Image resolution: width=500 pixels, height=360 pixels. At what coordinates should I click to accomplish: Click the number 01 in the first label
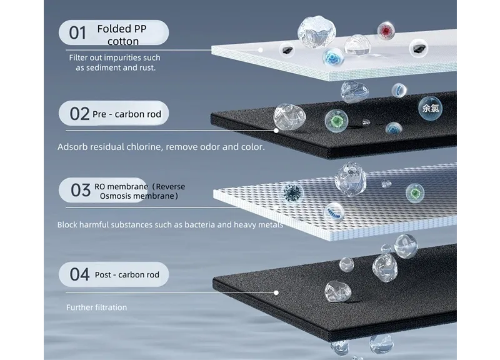pyautogui.click(x=77, y=33)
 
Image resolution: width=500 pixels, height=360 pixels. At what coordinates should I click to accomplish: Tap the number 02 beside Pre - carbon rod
pyautogui.click(x=79, y=114)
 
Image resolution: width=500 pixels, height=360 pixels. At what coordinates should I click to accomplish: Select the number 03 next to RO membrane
pyautogui.click(x=81, y=190)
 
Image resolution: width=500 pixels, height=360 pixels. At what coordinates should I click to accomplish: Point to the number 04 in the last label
pyautogui.click(x=80, y=274)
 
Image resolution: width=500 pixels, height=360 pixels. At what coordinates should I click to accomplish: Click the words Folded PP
pyautogui.click(x=122, y=29)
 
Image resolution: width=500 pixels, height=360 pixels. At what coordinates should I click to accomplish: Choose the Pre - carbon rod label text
pyautogui.click(x=127, y=114)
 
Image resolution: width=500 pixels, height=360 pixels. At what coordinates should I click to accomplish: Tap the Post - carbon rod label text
pyautogui.click(x=127, y=274)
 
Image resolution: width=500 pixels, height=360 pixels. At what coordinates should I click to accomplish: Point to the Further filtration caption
pyautogui.click(x=97, y=307)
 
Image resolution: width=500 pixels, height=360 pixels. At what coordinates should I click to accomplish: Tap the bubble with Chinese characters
pyautogui.click(x=431, y=108)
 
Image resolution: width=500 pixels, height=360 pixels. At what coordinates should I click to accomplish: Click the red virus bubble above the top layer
pyautogui.click(x=386, y=31)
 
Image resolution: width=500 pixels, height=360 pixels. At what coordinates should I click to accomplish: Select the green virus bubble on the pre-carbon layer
pyautogui.click(x=336, y=121)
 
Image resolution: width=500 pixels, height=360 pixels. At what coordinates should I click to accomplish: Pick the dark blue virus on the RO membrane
pyautogui.click(x=292, y=192)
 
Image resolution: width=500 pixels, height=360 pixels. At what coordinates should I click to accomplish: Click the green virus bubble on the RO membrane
pyautogui.click(x=415, y=193)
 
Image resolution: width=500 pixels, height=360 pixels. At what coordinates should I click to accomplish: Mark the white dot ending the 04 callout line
pyautogui.click(x=276, y=292)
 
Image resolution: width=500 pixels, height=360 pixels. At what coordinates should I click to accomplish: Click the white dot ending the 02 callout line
pyautogui.click(x=276, y=131)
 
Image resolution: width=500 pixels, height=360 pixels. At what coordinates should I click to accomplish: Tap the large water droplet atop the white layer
pyautogui.click(x=316, y=32)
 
